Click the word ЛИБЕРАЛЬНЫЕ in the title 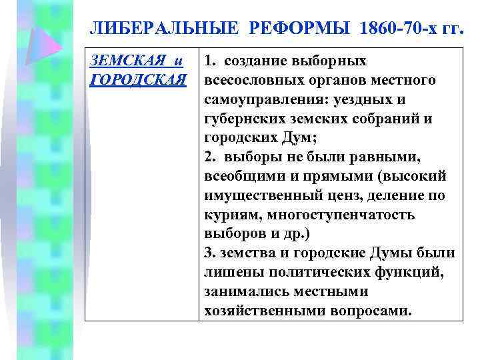[x=163, y=29]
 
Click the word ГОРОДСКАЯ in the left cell [x=137, y=81]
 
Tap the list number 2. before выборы [x=211, y=157]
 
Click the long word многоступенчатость [x=346, y=215]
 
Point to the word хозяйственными [x=260, y=311]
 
